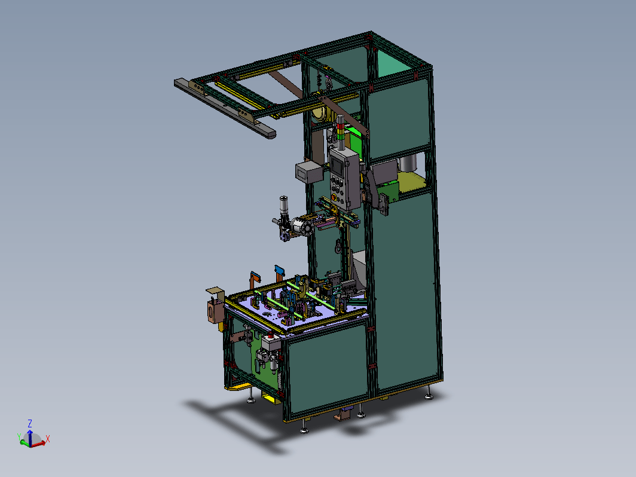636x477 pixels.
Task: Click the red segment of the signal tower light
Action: (340, 126)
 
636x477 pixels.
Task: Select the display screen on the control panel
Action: (337, 166)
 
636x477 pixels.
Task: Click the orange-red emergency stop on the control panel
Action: (334, 197)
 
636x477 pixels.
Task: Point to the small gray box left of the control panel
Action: (309, 172)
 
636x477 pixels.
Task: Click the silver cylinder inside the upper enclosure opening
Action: (408, 163)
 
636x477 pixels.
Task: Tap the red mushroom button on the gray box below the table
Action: (271, 335)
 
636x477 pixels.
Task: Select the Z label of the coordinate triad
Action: (30, 423)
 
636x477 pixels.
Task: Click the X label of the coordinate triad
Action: (48, 439)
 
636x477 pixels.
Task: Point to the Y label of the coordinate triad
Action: (19, 436)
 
